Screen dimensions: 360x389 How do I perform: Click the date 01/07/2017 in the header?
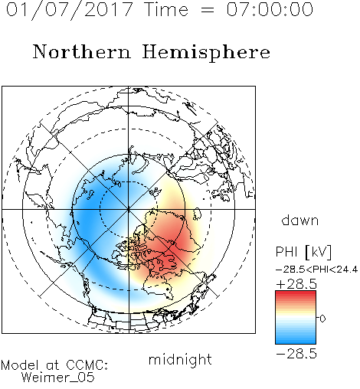point(70,10)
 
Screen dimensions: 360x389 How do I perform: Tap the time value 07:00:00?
point(270,9)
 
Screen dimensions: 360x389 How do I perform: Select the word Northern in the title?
point(82,52)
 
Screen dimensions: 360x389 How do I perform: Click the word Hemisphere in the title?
point(206,53)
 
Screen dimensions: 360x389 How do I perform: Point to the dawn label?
point(300,220)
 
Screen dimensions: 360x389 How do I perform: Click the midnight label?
point(180,360)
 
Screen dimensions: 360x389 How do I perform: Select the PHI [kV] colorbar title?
point(303,252)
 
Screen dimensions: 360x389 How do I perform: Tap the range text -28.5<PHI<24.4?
point(317,270)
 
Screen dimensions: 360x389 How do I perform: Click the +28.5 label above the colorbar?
point(296,284)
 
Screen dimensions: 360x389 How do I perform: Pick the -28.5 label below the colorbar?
point(296,354)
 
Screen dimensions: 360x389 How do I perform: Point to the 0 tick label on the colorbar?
point(322,319)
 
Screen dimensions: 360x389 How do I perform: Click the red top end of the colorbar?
point(296,293)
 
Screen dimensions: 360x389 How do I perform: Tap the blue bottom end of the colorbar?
point(296,342)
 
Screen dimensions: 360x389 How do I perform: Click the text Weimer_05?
point(58,377)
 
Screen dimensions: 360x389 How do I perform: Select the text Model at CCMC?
point(54,365)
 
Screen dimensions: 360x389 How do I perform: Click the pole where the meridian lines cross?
point(129,209)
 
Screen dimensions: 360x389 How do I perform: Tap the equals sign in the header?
point(207,10)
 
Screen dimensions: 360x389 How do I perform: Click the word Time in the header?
point(166,9)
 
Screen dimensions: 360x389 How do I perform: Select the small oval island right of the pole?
point(197,214)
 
